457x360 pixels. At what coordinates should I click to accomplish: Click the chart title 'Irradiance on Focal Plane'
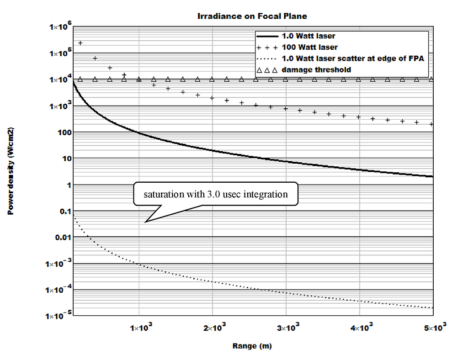(252, 16)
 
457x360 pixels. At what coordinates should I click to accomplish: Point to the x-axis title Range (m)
(252, 346)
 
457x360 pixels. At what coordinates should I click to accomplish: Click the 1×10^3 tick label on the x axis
(140, 327)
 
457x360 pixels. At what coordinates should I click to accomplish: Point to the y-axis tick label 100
(62, 132)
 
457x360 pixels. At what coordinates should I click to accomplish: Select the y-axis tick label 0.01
(60, 237)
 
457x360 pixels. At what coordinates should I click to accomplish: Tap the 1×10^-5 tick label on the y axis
(58, 316)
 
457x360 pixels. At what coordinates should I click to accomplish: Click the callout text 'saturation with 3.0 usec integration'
(216, 194)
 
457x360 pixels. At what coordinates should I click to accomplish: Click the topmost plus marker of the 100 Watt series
(80, 43)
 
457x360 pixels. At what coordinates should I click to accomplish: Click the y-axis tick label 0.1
(62, 211)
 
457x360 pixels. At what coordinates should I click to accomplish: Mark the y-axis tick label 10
(64, 159)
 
